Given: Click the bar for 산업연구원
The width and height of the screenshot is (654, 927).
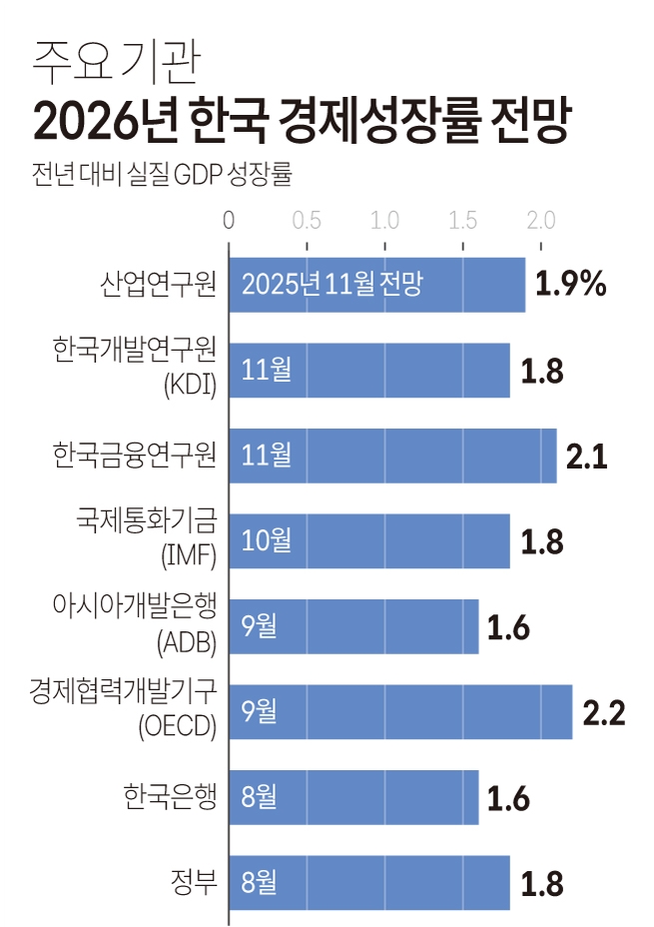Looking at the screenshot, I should pos(377,285).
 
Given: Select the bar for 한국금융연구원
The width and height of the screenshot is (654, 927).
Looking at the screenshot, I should pos(392,456).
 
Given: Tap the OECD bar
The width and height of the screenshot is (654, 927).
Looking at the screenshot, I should pos(400,712).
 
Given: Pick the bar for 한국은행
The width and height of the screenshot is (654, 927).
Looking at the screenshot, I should pos(353,797).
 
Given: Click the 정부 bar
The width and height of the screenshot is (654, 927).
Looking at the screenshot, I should pos(369,883).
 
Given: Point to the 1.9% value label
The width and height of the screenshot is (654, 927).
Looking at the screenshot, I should pos(570,285).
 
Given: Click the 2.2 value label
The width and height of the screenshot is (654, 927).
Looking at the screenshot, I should pos(603,713).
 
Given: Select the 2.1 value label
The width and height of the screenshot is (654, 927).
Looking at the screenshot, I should pos(587,457).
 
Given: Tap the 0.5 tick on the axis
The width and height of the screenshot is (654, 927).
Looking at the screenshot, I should pos(307,220).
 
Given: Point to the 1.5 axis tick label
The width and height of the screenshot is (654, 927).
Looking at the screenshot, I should pos(462,220).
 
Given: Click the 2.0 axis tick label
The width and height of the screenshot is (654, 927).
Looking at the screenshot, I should pos(541,220).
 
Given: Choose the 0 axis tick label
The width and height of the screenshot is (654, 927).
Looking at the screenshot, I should pos(229,220).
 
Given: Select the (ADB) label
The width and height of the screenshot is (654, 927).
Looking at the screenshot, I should pos(187,642).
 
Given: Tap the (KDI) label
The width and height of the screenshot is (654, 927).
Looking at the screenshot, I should pos(190,386).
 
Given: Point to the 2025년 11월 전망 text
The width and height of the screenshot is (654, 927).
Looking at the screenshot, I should pos(332,285).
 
